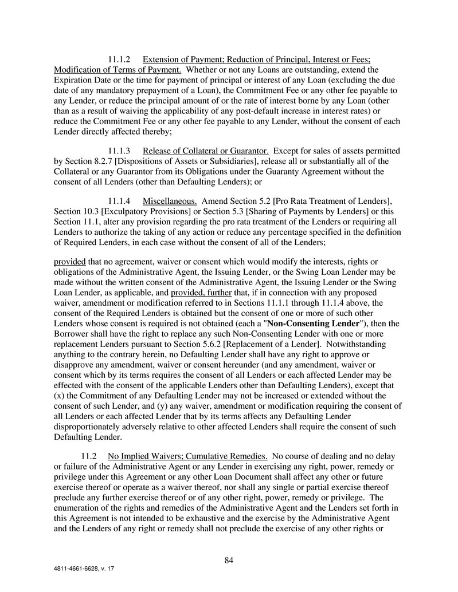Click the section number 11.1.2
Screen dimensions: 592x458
click(x=119, y=60)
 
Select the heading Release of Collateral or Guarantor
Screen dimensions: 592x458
click(x=205, y=151)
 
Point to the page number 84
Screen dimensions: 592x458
click(x=229, y=560)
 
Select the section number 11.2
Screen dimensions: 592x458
click(x=89, y=456)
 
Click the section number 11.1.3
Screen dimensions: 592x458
click(x=119, y=151)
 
